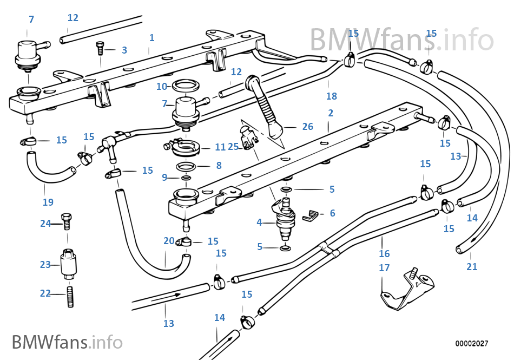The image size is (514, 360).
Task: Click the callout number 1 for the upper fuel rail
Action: (152, 38)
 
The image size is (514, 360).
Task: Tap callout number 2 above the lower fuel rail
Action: (331, 114)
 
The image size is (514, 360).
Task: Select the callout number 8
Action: (219, 166)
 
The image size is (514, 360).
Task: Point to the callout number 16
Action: (384, 253)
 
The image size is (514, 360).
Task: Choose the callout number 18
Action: (332, 96)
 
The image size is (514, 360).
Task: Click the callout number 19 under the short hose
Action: (48, 202)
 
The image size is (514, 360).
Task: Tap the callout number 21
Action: (472, 266)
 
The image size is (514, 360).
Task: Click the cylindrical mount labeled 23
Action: (68, 264)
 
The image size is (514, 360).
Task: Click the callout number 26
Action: (308, 127)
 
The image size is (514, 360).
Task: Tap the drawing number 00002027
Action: (472, 344)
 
